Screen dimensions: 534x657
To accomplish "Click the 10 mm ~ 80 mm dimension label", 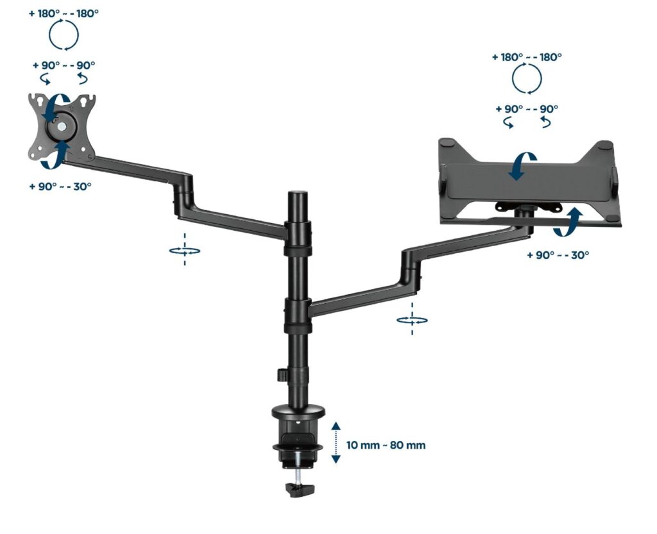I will point(386,445).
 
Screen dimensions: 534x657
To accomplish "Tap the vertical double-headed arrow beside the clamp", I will point(336,442).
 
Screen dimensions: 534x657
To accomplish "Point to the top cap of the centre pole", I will point(298,194).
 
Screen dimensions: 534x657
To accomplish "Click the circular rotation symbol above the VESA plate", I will point(64,35).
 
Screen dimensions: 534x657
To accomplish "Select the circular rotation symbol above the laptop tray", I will point(527,79).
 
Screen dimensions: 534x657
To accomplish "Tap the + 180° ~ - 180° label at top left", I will point(64,13).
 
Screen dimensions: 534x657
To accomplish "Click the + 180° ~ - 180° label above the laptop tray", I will point(527,56).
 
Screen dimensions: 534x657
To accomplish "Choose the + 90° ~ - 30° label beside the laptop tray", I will point(558,254).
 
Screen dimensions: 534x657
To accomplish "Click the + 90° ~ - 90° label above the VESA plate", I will point(64,65).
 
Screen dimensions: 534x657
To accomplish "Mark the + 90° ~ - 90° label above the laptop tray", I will point(527,109).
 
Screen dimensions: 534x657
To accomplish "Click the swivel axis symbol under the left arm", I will point(184,251).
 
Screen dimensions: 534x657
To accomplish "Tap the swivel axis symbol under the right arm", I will point(412,320).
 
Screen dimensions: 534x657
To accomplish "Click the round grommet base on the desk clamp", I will point(298,412).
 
